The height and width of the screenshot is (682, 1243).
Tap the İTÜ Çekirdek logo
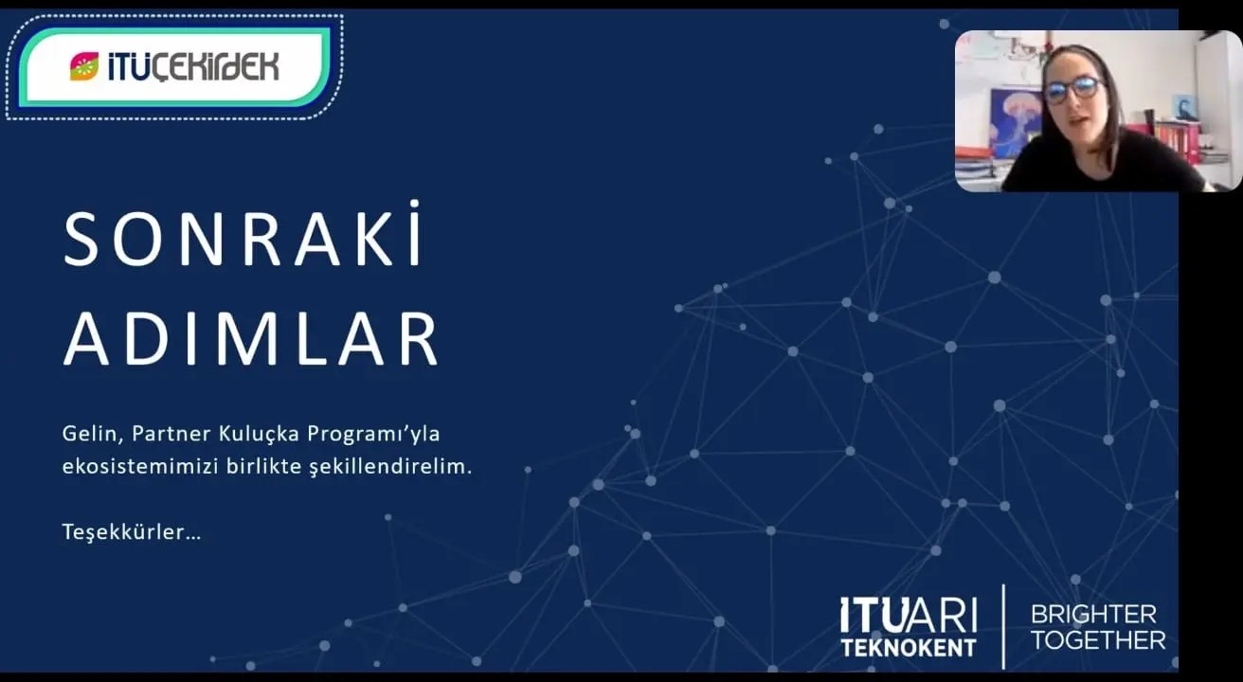click(x=174, y=65)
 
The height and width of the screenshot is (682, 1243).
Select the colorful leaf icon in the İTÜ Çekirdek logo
click(x=83, y=66)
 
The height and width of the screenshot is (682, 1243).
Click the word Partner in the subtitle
click(x=163, y=434)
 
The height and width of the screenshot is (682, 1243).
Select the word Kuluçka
click(x=250, y=434)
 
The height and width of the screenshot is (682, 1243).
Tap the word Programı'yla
click(x=374, y=435)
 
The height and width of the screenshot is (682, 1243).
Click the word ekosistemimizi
click(x=127, y=467)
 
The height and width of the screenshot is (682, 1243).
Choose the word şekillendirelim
click(x=389, y=468)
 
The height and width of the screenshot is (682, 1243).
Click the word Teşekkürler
click(x=131, y=531)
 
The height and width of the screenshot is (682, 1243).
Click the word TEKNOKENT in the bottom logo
click(x=908, y=648)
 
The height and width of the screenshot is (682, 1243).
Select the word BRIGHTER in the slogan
click(x=1093, y=614)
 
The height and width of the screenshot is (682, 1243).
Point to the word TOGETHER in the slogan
click(x=1098, y=640)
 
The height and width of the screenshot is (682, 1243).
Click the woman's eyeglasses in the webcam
click(x=1072, y=90)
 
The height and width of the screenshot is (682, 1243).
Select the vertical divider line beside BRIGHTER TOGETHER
click(x=1003, y=626)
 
